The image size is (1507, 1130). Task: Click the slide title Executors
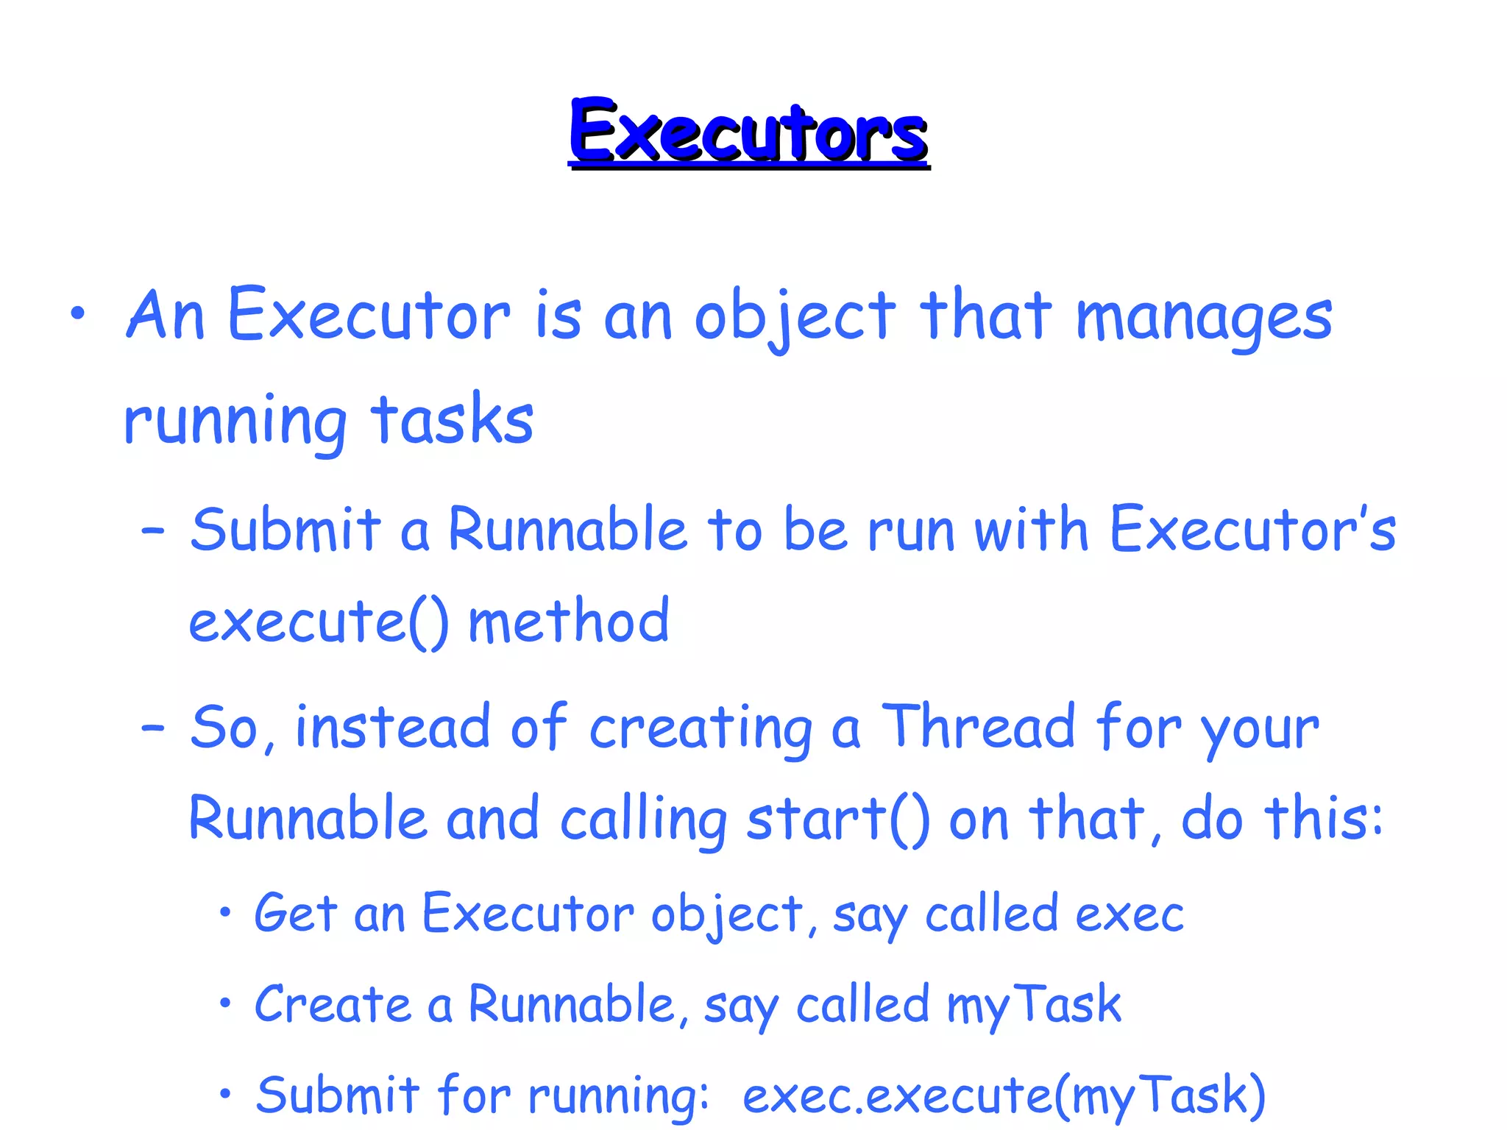point(748,132)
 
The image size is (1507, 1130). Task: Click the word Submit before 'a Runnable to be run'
point(286,530)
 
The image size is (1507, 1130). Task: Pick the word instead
point(392,728)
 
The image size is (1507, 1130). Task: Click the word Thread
point(979,728)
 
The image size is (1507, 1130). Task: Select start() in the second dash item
point(837,820)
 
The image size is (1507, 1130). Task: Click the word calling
point(644,820)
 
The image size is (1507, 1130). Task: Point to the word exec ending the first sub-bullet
point(1130,915)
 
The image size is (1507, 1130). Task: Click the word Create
point(333,1005)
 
